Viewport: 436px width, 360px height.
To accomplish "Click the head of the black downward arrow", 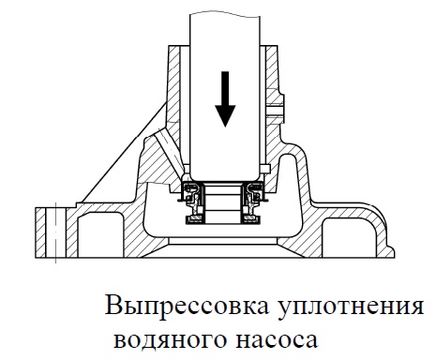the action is point(225,115).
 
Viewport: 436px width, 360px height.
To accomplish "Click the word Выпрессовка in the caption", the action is point(187,306).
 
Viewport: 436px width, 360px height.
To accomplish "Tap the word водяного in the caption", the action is point(170,340).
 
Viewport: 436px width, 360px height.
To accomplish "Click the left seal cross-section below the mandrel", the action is point(193,202).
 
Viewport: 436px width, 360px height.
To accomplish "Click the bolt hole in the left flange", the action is point(55,232).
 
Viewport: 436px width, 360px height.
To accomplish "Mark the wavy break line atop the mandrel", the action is point(225,14).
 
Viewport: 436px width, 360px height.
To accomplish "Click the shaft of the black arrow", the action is point(225,88).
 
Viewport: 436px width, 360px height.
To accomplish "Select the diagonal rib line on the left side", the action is point(124,152).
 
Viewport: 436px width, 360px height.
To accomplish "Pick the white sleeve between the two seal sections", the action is point(223,203).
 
